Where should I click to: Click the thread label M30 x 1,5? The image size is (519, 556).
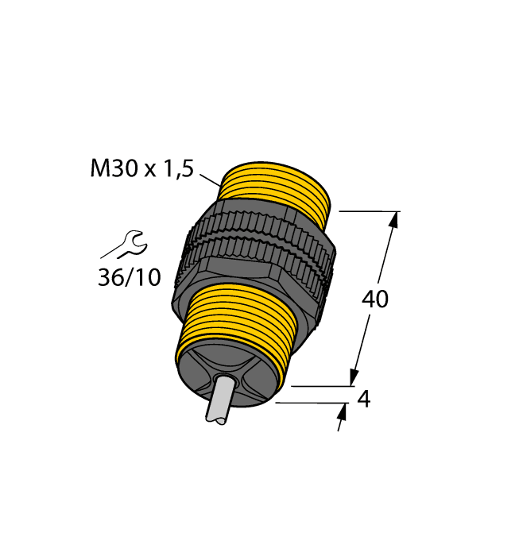coord(141,169)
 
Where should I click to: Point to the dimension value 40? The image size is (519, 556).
coord(375,299)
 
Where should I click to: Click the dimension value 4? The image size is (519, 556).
coord(364,400)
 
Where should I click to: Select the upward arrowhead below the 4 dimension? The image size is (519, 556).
coord(343,411)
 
